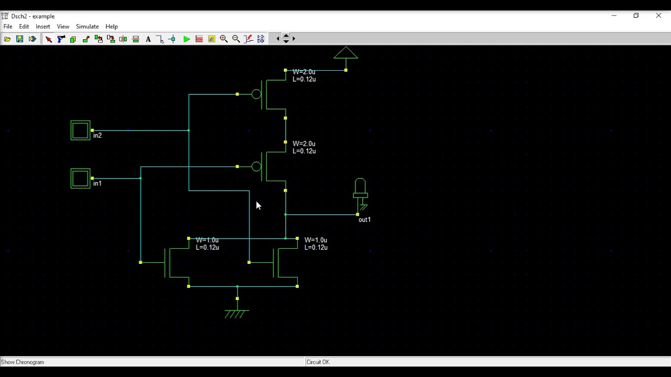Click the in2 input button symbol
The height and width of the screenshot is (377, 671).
tap(80, 130)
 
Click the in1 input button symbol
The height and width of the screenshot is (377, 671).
tap(80, 179)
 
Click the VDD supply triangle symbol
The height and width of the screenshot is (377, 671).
tap(345, 53)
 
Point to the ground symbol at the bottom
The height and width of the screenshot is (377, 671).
tap(236, 313)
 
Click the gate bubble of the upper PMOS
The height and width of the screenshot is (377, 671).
tap(256, 94)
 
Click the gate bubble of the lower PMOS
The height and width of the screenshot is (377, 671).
tap(256, 167)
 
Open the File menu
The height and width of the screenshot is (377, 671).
tap(8, 26)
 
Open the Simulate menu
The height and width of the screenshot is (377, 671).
tap(87, 26)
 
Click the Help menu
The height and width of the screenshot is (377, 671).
tap(112, 26)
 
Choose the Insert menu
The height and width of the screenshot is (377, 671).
tap(43, 26)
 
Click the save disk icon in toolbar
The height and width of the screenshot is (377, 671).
tap(19, 39)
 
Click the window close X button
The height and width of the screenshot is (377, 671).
tap(658, 16)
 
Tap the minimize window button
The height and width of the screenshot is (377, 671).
tap(614, 16)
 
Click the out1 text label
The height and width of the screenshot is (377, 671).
tap(364, 220)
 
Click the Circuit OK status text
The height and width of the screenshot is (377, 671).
tap(318, 362)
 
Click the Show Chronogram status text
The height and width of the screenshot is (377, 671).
tap(23, 362)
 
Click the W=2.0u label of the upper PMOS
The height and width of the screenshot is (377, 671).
tap(304, 72)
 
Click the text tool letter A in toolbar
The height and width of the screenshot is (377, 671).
tap(148, 39)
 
